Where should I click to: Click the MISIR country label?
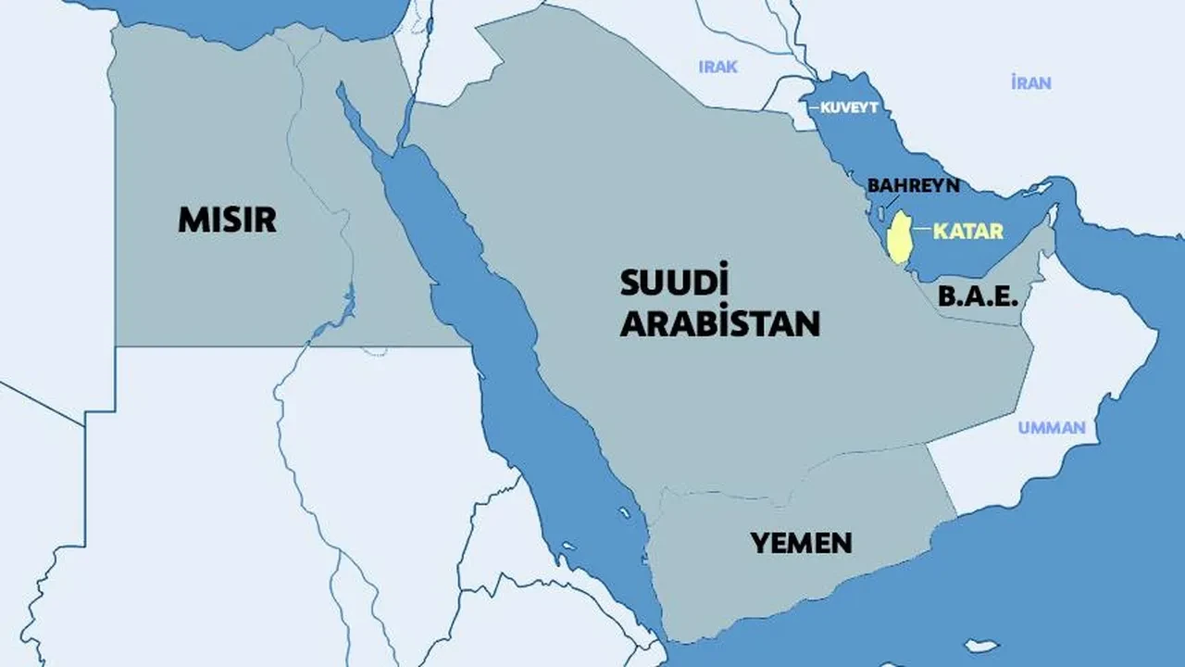pos(227,220)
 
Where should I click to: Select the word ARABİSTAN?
pos(719,323)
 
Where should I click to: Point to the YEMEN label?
pos(801,542)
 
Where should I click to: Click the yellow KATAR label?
pos(968,231)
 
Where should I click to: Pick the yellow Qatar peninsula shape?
pos(897,237)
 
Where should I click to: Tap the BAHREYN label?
pos(913,185)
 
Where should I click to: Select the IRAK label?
pos(718,67)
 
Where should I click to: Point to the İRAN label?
pos(1030,82)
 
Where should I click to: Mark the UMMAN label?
pos(1052,428)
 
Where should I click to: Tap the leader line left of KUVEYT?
pos(814,108)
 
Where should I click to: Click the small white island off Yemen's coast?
pos(980,646)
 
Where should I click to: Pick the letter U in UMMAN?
pos(1024,428)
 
